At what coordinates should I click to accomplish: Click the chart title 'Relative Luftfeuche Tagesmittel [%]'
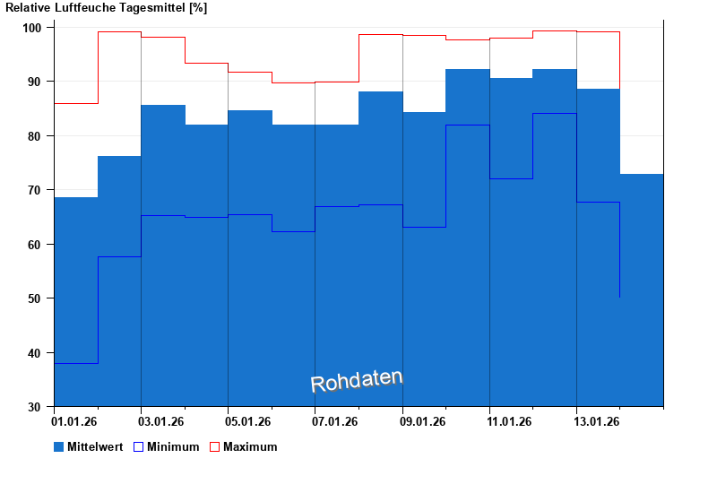(x=107, y=8)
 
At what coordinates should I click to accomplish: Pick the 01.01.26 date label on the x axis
(x=75, y=420)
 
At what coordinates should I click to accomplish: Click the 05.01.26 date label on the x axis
(x=249, y=420)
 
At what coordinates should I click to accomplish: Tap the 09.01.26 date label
(x=424, y=420)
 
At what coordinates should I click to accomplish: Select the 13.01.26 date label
(x=598, y=420)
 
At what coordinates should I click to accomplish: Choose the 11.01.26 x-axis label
(x=511, y=420)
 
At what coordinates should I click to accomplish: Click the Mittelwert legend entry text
(x=95, y=446)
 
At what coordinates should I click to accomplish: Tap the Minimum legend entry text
(x=173, y=446)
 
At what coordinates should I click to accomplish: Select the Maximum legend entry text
(x=250, y=446)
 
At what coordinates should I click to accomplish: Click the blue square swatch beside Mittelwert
(x=59, y=446)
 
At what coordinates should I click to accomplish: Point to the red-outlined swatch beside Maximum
(x=215, y=446)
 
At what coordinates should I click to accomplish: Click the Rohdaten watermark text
(x=357, y=382)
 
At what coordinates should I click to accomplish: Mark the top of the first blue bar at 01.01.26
(x=75, y=198)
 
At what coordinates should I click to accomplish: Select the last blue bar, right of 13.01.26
(x=642, y=287)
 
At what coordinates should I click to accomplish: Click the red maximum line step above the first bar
(x=75, y=104)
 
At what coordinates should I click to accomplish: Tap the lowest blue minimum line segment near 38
(x=75, y=363)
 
